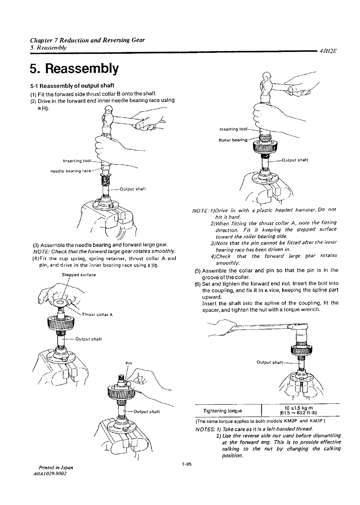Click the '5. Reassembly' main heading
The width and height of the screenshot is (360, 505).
coord(74,69)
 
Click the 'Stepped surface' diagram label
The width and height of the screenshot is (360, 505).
coord(79,275)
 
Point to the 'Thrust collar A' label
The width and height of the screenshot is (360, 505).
coord(97,315)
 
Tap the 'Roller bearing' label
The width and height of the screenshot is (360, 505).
coord(233,140)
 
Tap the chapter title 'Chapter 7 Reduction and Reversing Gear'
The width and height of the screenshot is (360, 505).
coord(87,40)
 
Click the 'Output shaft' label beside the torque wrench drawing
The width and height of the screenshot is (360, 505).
coord(270,362)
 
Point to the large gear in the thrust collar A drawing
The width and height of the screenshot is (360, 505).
coord(61,324)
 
